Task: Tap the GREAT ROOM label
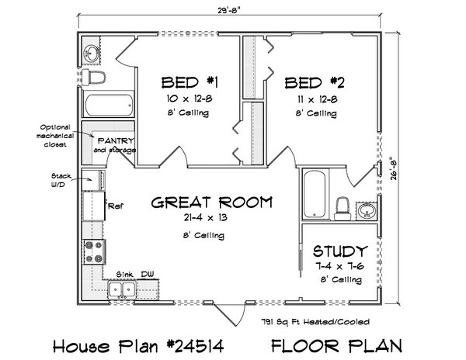point(210,203)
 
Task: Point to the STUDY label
point(339,251)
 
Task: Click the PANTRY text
point(114,140)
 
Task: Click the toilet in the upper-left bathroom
point(96,78)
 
